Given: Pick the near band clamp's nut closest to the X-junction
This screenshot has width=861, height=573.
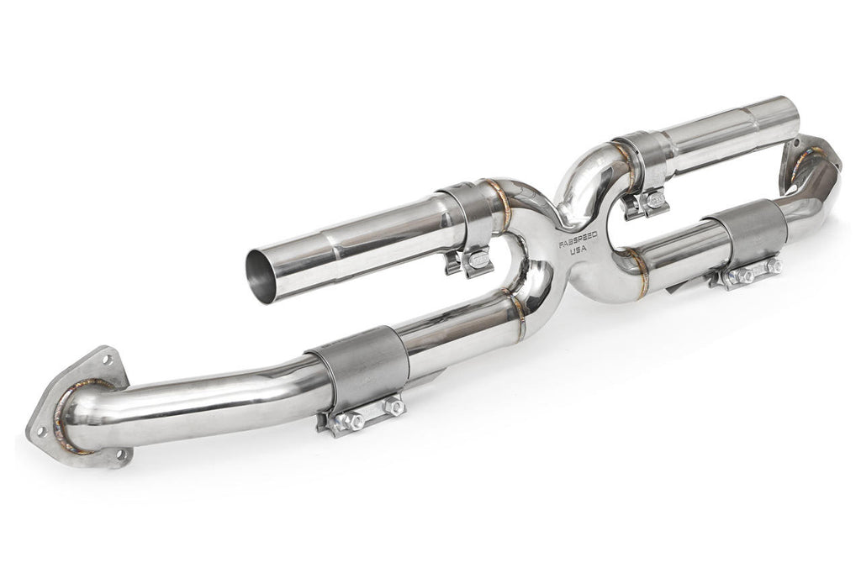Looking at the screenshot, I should tap(394, 407).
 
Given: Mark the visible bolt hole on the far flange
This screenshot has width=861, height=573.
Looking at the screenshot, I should tap(794, 144).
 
